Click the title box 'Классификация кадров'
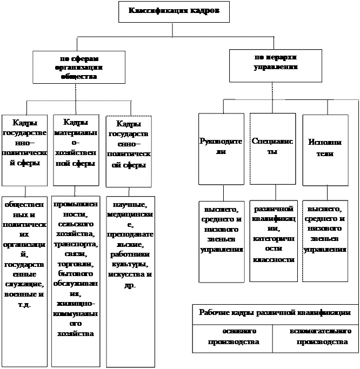coord(174,11)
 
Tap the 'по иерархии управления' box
coord(275,62)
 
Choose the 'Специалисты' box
coord(272,146)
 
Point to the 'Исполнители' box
coord(324,149)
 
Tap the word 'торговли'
coord(76,264)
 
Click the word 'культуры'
coord(129,264)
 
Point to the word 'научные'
coord(129,206)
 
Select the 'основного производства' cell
coord(233,337)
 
